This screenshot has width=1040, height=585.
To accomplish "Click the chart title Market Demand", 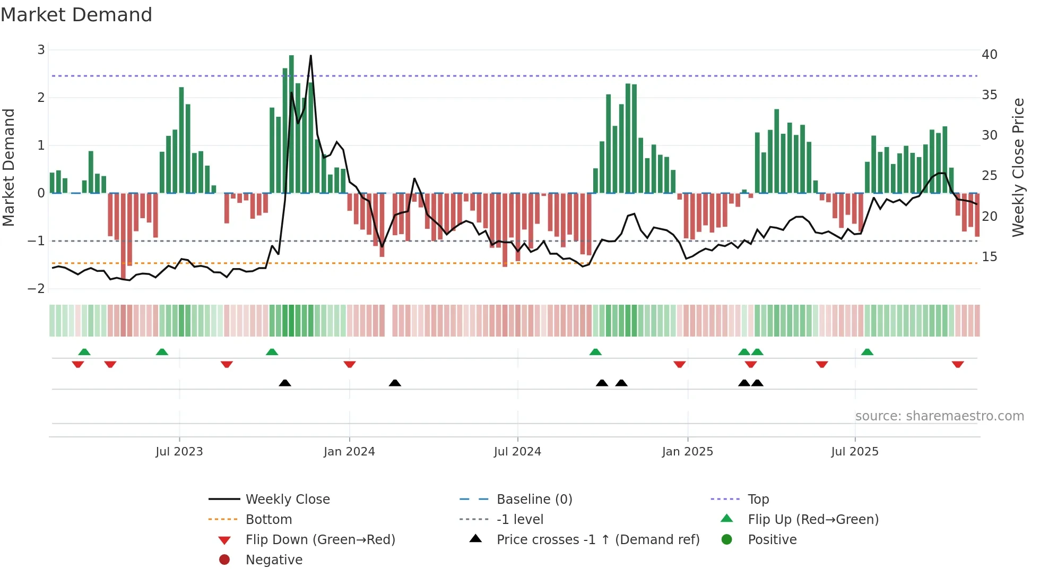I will [x=76, y=15].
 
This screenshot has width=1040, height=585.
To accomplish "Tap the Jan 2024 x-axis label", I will [x=349, y=452].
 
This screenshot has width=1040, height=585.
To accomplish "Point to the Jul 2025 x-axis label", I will [x=854, y=452].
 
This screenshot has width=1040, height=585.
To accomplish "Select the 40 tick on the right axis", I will [x=989, y=55].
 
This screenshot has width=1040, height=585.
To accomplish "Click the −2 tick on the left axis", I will [x=37, y=288].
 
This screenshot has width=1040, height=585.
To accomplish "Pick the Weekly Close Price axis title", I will [x=1018, y=167].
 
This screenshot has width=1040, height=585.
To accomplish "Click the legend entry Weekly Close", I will [x=287, y=500].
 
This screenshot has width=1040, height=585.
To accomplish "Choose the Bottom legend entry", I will [x=268, y=520].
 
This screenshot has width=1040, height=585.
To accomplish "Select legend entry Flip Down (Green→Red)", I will [x=320, y=540].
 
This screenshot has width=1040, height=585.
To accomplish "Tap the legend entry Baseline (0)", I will [x=534, y=500].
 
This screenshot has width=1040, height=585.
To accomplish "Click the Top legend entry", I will [x=758, y=500].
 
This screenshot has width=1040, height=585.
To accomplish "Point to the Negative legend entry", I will [x=274, y=560].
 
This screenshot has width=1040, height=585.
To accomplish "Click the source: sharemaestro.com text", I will [x=939, y=416].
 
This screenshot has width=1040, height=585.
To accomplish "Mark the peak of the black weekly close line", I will [x=310, y=56].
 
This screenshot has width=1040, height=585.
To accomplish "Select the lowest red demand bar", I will [x=124, y=236].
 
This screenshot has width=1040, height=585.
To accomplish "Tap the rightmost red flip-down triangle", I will [x=957, y=365].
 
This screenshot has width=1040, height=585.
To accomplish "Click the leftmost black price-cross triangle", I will [x=285, y=383].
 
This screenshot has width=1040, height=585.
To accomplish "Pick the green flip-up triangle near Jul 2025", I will [x=867, y=352].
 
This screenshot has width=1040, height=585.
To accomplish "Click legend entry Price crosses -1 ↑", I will [x=597, y=540].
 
